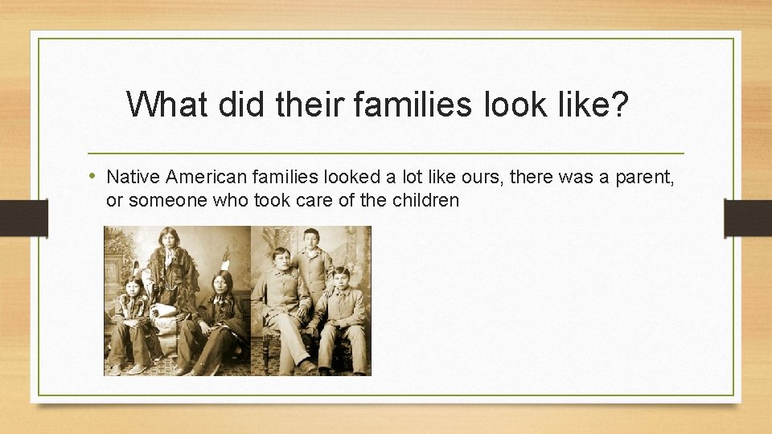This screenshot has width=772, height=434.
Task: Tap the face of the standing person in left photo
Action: click(x=169, y=239)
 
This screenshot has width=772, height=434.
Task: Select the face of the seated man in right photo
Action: click(x=281, y=260)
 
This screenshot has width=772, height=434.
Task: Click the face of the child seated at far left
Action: click(x=132, y=286)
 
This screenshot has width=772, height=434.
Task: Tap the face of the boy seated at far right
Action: click(x=340, y=277)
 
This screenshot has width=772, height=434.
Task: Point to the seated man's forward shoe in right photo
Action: click(x=306, y=366)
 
